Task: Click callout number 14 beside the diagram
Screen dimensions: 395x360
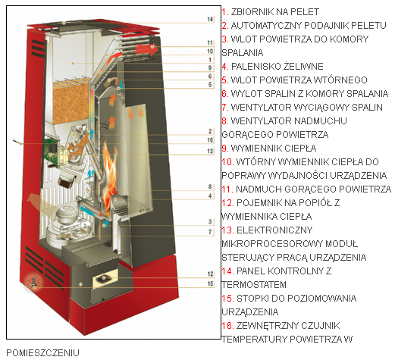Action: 210,19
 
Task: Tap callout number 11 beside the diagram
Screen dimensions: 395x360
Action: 210,42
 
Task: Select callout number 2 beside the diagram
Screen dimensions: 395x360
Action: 210,131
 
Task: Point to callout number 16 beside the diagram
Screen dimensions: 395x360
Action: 210,140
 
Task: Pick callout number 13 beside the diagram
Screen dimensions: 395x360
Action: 210,151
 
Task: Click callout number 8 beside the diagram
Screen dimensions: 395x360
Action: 210,186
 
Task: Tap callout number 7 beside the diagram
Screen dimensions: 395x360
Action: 210,232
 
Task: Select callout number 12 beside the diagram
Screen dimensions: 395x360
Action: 210,274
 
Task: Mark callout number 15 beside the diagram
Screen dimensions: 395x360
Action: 210,283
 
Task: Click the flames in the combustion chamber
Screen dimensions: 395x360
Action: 109,174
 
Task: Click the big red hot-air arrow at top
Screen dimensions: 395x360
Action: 146,49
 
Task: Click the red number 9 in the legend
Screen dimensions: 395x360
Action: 225,148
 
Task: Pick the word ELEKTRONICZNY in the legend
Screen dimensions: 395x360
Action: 274,230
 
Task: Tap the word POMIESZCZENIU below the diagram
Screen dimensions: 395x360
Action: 42,352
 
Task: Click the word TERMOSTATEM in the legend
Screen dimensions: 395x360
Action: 254,285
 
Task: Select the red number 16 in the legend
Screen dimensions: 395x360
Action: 227,326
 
